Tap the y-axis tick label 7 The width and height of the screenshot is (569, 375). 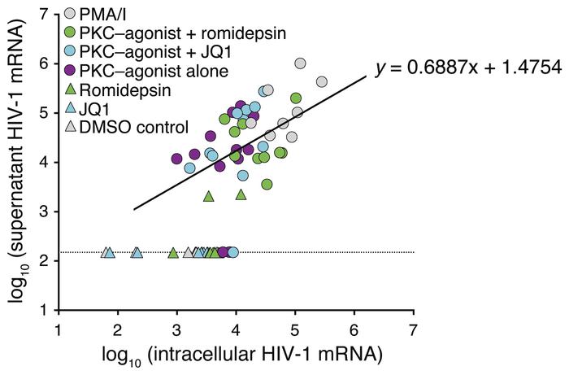[46, 14]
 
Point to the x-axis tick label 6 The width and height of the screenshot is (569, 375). [354, 329]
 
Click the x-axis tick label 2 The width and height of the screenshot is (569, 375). [117, 329]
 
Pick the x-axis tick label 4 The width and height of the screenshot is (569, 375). [236, 329]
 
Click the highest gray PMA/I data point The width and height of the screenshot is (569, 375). [300, 63]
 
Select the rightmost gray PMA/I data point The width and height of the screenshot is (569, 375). [321, 81]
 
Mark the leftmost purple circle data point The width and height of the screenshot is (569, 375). [176, 159]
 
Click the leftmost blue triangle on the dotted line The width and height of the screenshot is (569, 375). [106, 253]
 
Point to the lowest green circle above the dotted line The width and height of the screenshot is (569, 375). [267, 184]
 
